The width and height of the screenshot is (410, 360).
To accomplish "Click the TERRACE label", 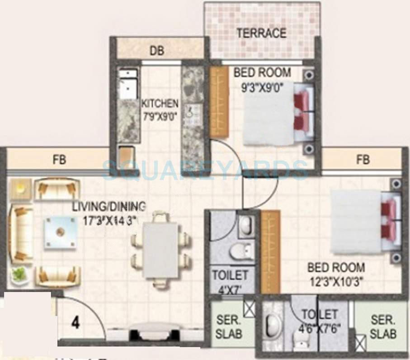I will (x=261, y=33).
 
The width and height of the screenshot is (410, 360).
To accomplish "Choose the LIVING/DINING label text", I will (x=109, y=207).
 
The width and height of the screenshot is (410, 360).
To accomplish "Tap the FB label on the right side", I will (x=363, y=159).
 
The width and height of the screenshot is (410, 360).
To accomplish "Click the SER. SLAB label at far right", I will (x=383, y=327).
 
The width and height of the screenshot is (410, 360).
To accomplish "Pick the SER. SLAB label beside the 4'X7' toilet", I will (x=229, y=327).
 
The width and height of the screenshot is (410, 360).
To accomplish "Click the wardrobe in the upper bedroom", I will (x=219, y=102).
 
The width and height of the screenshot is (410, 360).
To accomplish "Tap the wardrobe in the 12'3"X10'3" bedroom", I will (x=270, y=252).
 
